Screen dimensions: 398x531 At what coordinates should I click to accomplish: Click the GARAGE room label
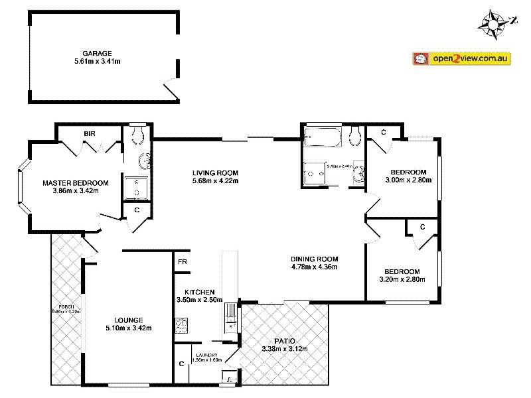click(97, 52)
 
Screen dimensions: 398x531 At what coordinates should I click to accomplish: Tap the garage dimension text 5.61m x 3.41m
click(97, 61)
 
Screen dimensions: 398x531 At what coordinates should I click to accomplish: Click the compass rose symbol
click(493, 21)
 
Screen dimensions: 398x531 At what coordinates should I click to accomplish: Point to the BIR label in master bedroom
click(89, 133)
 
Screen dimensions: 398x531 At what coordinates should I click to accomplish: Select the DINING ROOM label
click(315, 259)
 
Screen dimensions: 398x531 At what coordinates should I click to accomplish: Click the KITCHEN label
click(199, 292)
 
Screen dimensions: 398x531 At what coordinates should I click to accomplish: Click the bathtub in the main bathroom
click(322, 138)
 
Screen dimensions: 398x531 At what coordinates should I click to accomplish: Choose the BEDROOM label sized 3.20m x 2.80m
click(402, 271)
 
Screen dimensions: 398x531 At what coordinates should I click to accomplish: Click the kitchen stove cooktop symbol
click(181, 326)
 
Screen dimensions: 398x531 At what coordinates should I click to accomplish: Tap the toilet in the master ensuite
click(139, 136)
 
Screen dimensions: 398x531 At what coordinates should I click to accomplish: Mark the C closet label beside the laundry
click(181, 364)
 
